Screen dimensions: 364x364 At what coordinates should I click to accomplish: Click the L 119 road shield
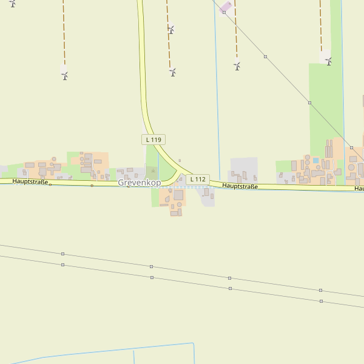(x=153, y=140)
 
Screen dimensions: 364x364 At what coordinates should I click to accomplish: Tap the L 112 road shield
(x=198, y=180)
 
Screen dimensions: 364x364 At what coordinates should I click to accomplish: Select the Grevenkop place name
(x=140, y=183)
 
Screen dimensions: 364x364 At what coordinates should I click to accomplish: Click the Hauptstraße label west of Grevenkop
(x=30, y=181)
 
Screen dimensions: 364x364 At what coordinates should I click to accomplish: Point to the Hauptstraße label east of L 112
(x=240, y=186)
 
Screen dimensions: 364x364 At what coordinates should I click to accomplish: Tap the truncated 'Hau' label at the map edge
(x=359, y=189)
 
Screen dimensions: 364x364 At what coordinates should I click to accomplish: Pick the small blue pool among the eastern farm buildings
(x=315, y=161)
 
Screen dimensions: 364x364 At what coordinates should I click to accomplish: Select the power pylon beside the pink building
(x=224, y=12)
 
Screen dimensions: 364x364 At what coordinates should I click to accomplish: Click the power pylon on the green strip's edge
(x=309, y=103)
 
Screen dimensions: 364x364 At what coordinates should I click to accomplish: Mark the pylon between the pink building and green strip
(x=265, y=56)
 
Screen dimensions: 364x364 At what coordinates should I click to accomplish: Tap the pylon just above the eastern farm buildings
(x=351, y=147)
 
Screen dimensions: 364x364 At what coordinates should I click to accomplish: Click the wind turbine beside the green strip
(x=328, y=61)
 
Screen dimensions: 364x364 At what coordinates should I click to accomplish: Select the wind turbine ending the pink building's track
(x=237, y=66)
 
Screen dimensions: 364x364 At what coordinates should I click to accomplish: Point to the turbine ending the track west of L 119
(x=64, y=75)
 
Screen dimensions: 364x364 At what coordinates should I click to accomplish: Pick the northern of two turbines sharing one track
(x=171, y=29)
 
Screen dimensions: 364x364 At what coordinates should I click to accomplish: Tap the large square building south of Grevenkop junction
(x=178, y=195)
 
